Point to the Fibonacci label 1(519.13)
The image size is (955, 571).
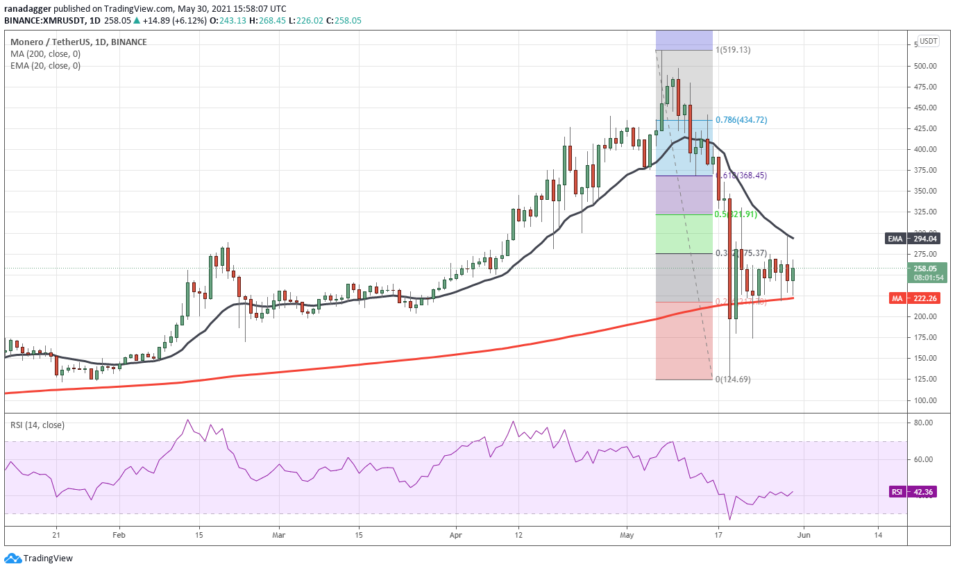(x=734, y=50)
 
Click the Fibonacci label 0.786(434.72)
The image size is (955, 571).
(x=742, y=120)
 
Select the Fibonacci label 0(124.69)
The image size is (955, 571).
(x=734, y=380)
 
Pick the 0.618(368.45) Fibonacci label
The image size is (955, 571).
(x=742, y=176)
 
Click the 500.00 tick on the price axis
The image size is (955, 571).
(x=926, y=67)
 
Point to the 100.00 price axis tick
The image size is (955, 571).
(x=926, y=400)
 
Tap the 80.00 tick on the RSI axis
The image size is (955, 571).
(x=924, y=423)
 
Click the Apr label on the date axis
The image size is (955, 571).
(x=456, y=536)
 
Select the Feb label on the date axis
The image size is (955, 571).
(x=119, y=536)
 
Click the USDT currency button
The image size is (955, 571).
(x=928, y=41)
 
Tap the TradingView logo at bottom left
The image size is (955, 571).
(x=39, y=559)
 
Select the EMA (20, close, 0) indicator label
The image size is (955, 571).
(x=45, y=66)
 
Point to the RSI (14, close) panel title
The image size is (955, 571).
(x=37, y=425)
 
